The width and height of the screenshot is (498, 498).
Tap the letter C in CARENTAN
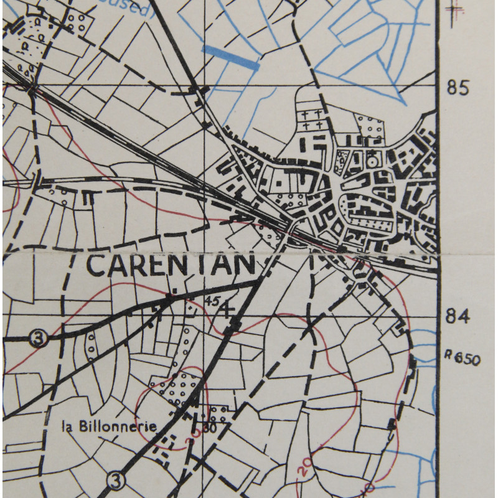tap(97, 265)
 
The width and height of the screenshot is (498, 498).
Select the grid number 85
tap(458, 88)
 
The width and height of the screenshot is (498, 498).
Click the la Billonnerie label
tap(109, 426)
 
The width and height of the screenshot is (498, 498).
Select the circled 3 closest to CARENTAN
tap(39, 339)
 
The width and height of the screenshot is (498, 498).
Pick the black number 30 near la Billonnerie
tap(209, 428)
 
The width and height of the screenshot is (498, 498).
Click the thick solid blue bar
tap(230, 57)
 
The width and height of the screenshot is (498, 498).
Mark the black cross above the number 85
tap(456, 9)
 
